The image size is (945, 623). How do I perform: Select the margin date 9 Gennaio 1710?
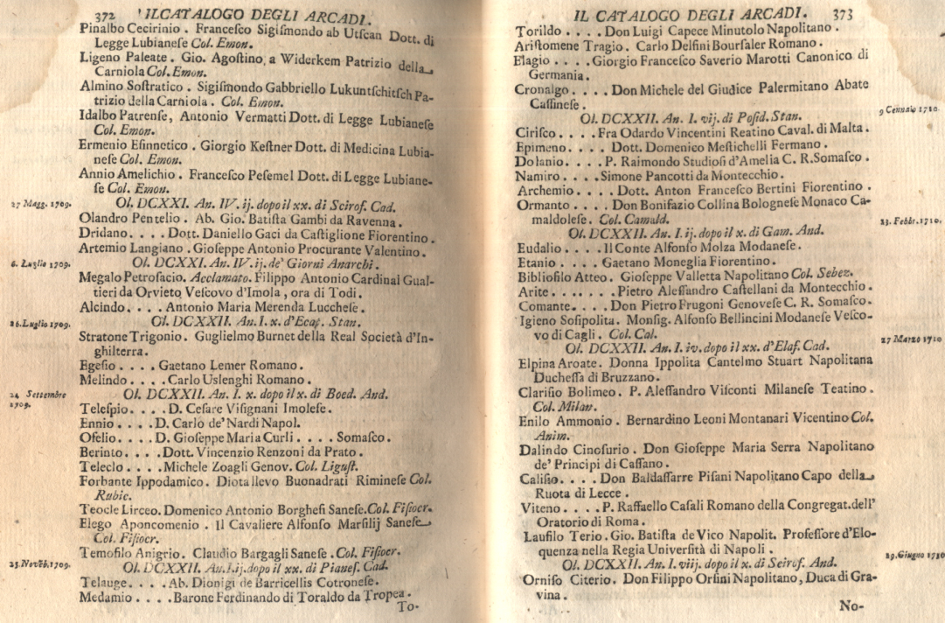point(909,111)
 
